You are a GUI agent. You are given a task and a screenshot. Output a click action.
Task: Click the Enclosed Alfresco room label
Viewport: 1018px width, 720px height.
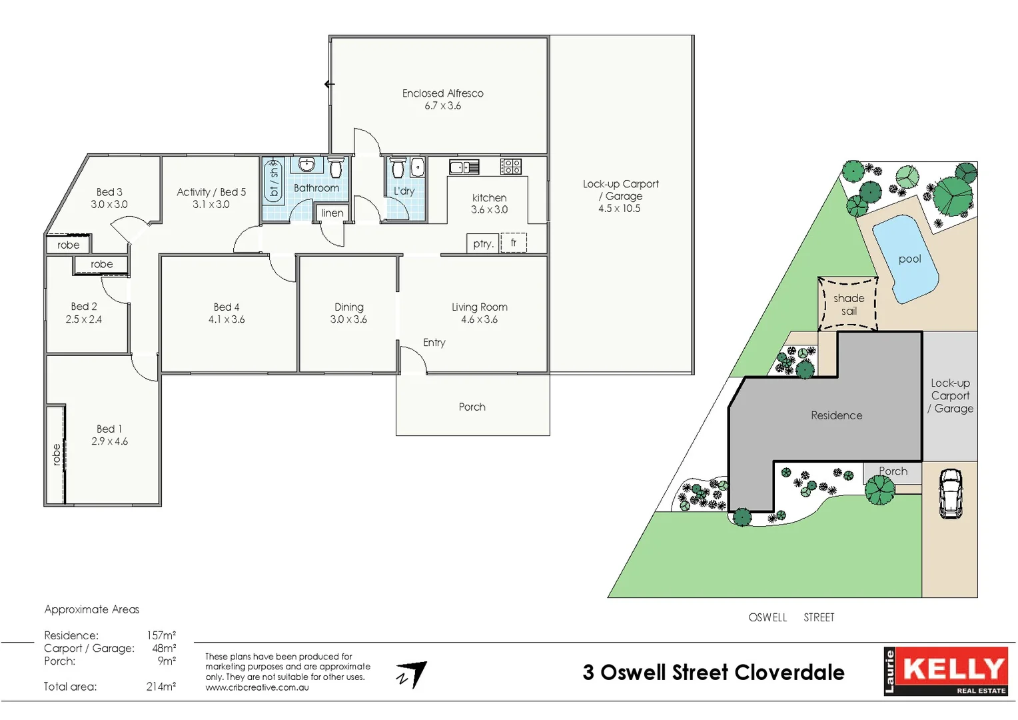click(442, 93)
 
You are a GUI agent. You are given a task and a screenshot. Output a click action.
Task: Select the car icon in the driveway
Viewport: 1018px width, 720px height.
click(950, 493)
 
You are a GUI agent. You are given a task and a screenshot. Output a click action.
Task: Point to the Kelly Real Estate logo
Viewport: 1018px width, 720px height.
click(945, 671)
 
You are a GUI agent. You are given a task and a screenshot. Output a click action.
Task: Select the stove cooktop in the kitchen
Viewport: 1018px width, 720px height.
click(511, 166)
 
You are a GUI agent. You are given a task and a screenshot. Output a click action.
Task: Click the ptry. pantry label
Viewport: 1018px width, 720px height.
click(483, 244)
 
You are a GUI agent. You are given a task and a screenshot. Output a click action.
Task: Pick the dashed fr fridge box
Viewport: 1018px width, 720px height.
click(514, 243)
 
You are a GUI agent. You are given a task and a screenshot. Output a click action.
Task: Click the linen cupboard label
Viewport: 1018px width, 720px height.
click(332, 213)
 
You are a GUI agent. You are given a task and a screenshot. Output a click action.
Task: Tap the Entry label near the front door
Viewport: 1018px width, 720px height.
click(434, 343)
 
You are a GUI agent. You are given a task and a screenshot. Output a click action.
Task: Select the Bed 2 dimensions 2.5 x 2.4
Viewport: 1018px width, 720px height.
click(84, 319)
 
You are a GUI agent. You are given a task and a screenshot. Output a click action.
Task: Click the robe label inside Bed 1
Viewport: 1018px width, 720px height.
click(56, 454)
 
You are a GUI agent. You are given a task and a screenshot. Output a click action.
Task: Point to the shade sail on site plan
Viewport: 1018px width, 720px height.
click(848, 304)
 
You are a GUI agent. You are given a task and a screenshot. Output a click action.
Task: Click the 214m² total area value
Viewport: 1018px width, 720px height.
click(161, 687)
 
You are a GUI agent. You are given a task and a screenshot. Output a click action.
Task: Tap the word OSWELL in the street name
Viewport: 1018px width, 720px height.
click(767, 617)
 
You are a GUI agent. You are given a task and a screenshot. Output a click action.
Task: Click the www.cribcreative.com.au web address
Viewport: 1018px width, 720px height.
click(257, 687)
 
